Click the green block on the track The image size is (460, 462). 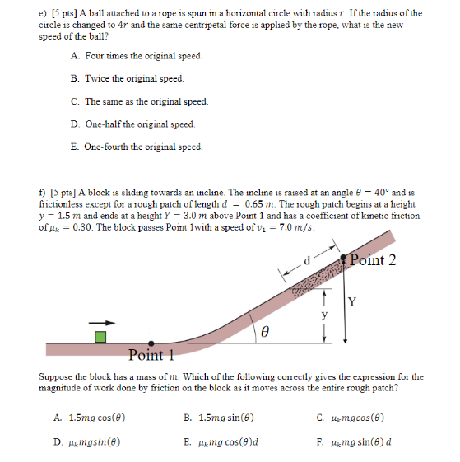[x=100, y=336]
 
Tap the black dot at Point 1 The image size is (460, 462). [x=150, y=343]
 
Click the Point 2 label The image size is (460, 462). [x=372, y=260]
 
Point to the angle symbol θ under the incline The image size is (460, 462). [x=264, y=333]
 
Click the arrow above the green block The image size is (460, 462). [x=99, y=322]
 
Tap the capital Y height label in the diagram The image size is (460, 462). [x=351, y=301]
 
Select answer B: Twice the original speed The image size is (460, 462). [x=127, y=78]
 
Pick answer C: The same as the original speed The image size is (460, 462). [x=139, y=101]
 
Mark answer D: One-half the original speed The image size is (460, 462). [x=132, y=124]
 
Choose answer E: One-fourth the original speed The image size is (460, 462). [x=136, y=147]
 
